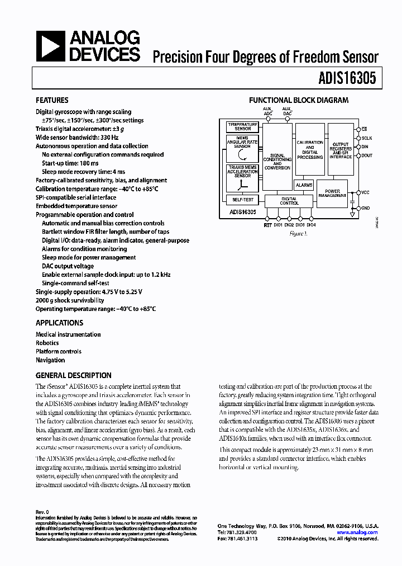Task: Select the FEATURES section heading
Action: click(52, 101)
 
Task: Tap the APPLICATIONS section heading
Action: click(59, 323)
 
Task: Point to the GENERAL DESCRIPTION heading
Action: click(73, 375)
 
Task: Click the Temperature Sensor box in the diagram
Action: click(242, 126)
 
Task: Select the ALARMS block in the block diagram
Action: click(304, 185)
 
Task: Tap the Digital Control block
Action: click(289, 201)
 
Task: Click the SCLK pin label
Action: click(366, 138)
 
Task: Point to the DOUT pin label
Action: click(367, 156)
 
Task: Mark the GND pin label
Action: click(365, 208)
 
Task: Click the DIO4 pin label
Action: click(311, 225)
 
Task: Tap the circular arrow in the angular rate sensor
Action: click(242, 154)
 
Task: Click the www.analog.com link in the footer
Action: click(357, 532)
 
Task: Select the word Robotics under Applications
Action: click(47, 343)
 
